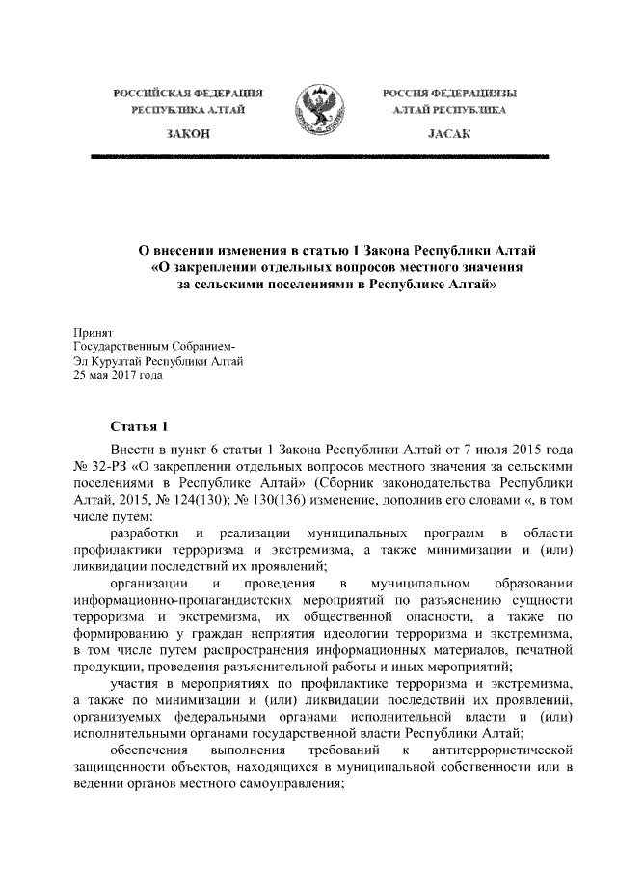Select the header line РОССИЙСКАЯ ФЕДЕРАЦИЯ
tap(190, 94)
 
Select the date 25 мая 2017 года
tap(118, 376)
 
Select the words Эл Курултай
tap(107, 361)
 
